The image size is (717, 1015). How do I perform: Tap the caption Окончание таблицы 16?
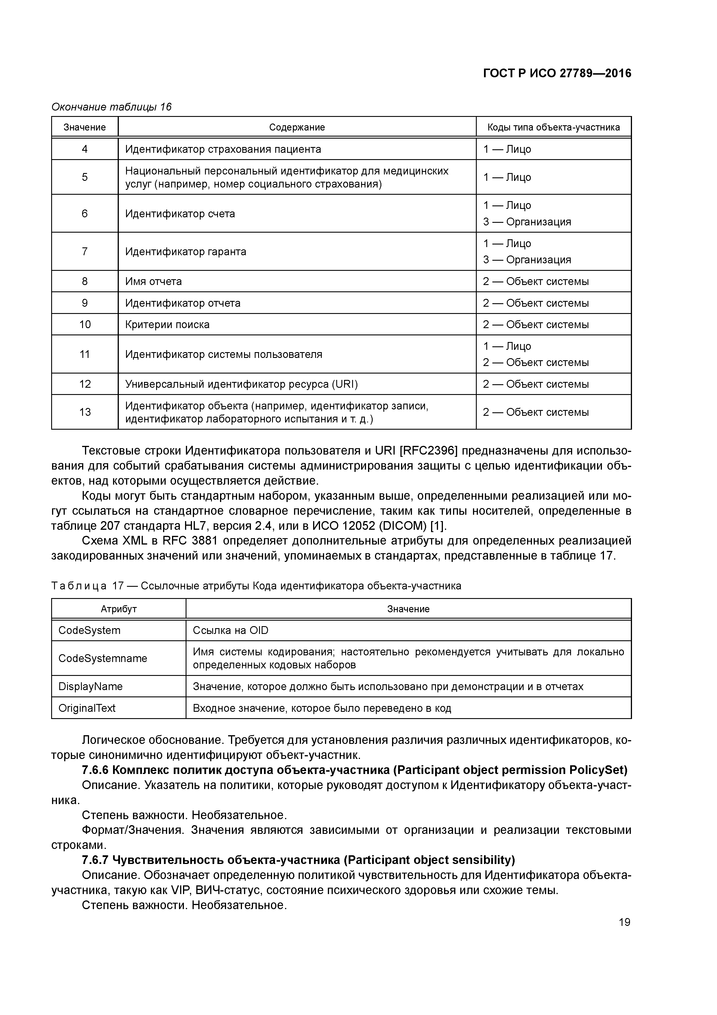click(x=111, y=107)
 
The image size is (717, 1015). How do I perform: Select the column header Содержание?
click(x=297, y=127)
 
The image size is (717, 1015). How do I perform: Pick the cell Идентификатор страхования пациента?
click(x=223, y=149)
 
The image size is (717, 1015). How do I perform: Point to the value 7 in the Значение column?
click(x=85, y=251)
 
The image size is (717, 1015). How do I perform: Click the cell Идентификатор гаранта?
click(x=186, y=251)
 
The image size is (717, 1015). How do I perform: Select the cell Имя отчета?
click(x=153, y=282)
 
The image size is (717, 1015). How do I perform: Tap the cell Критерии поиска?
click(x=167, y=324)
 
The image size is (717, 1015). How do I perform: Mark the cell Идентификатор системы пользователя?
click(x=223, y=354)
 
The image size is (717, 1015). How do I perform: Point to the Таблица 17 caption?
click(x=256, y=586)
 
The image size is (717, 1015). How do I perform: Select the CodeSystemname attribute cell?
click(x=103, y=658)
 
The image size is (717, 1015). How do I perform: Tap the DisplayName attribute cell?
click(x=90, y=687)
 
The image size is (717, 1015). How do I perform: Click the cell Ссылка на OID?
click(x=230, y=630)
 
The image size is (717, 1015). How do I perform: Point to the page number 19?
click(x=624, y=922)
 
